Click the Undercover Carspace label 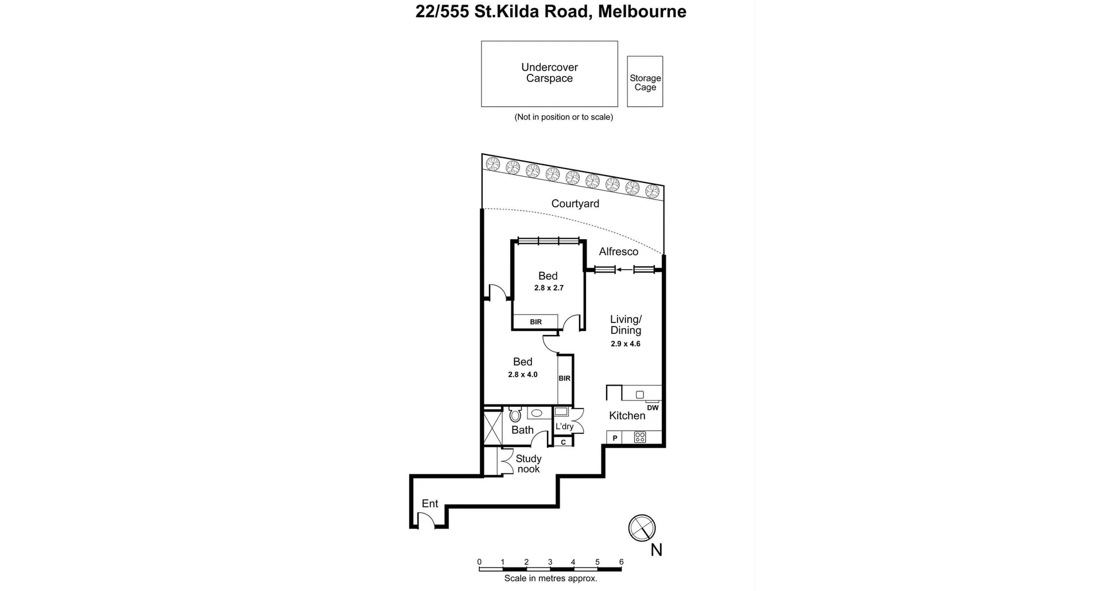click(549, 73)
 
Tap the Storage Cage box click(645, 82)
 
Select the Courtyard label click(575, 204)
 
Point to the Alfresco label click(618, 251)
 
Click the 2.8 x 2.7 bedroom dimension click(549, 288)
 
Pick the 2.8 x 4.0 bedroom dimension click(522, 375)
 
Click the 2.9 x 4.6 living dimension click(625, 344)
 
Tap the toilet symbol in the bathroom click(515, 414)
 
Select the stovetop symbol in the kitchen click(640, 438)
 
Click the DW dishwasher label click(653, 408)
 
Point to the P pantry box click(615, 438)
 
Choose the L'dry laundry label click(564, 426)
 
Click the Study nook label click(528, 464)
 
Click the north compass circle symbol click(642, 528)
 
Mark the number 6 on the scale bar click(621, 562)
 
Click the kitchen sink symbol click(640, 395)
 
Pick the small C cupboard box click(563, 442)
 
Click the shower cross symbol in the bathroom click(493, 427)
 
